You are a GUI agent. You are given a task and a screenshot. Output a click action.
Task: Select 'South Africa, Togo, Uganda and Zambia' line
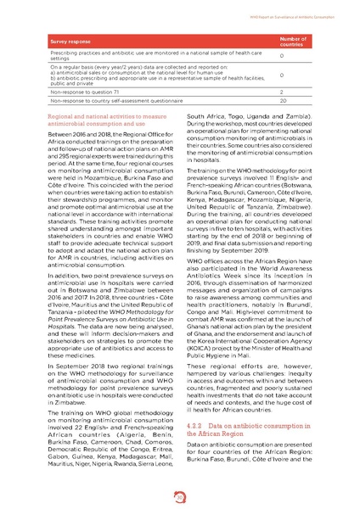(x=252, y=115)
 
